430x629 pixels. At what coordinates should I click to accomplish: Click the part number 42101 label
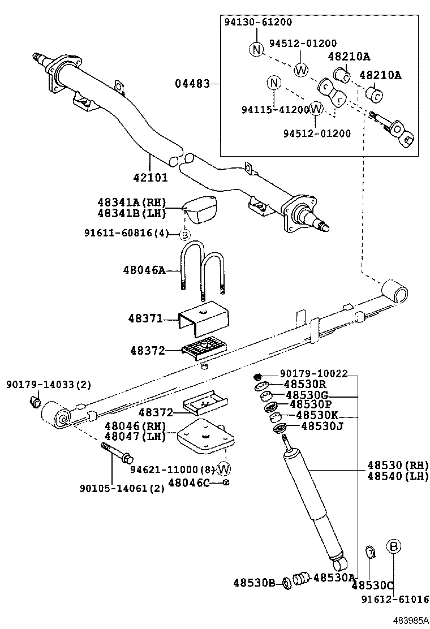click(x=150, y=177)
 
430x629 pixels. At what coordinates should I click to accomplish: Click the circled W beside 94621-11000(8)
click(x=224, y=468)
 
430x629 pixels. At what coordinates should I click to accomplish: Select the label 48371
click(x=144, y=320)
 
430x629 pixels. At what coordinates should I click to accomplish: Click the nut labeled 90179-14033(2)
click(x=33, y=402)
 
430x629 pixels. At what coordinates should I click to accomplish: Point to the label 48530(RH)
click(x=397, y=465)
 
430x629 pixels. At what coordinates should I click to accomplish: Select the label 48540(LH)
click(x=397, y=476)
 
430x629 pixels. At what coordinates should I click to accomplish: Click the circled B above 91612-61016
click(x=394, y=546)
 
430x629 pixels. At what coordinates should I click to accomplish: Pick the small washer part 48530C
click(x=370, y=550)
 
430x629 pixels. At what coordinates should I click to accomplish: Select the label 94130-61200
click(x=259, y=22)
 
